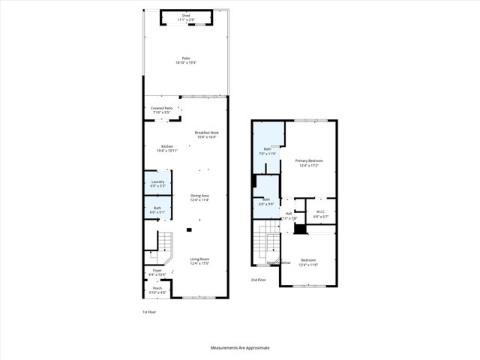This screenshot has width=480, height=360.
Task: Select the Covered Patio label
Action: [161, 111]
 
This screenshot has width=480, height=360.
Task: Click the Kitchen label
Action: [166, 148]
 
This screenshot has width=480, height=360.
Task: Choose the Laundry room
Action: [157, 184]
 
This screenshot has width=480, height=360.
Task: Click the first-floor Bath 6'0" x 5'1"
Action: [157, 209]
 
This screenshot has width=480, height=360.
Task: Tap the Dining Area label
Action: [199, 198]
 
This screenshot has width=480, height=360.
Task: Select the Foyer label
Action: [157, 273]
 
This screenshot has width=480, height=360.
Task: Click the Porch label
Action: [157, 290]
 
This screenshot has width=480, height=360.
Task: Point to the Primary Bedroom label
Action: [308, 163]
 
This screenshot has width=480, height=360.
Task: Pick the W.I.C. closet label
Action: [320, 214]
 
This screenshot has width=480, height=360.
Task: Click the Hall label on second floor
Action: [289, 216]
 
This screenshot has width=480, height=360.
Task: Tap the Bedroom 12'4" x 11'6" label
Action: [308, 262]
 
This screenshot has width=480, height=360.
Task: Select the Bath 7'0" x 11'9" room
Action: [268, 151]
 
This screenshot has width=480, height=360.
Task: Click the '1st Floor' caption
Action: [150, 311]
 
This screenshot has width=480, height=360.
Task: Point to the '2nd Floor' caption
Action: [259, 280]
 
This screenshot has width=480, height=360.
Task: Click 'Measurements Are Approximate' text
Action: [239, 348]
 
